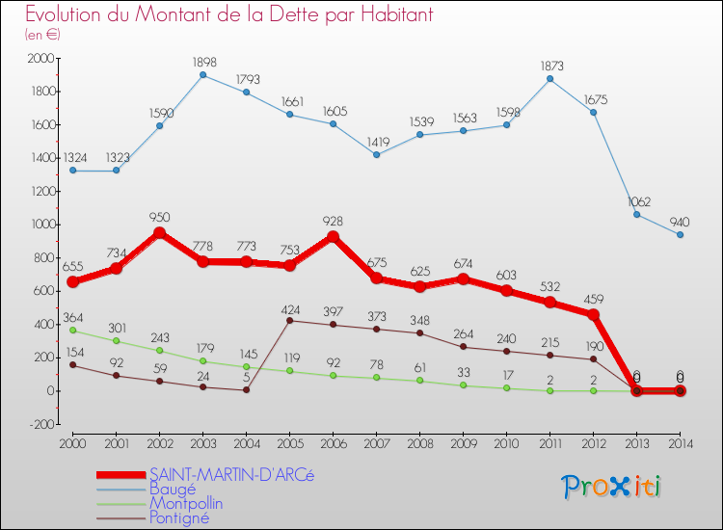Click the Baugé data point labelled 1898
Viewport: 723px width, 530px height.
(x=202, y=74)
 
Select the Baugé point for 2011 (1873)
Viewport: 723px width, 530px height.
(x=549, y=78)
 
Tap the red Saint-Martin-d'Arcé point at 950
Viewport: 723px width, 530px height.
(x=159, y=232)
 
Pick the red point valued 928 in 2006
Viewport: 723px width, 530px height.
(x=333, y=236)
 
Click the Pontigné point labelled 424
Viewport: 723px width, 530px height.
(x=289, y=320)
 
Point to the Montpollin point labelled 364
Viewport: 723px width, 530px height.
(x=72, y=331)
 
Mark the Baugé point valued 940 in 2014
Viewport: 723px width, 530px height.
(x=680, y=234)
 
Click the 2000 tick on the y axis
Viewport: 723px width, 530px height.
(x=42, y=59)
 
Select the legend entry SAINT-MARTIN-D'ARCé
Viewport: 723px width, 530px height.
(x=231, y=474)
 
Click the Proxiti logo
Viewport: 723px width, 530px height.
(x=612, y=487)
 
